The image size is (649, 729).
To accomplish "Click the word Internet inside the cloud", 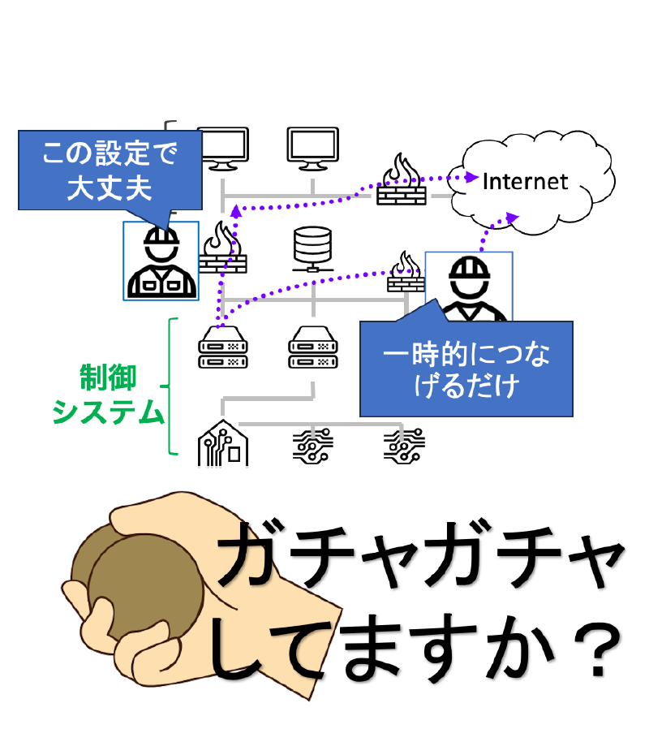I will pos(525,180).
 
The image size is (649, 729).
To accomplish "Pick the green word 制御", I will pos(108,378).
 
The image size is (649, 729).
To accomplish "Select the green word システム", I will pos(108,413).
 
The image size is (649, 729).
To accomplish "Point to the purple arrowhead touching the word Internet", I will pos(472,177).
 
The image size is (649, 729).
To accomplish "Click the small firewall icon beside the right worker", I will pos(405,272).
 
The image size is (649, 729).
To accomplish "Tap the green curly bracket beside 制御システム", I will pos(171,386).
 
